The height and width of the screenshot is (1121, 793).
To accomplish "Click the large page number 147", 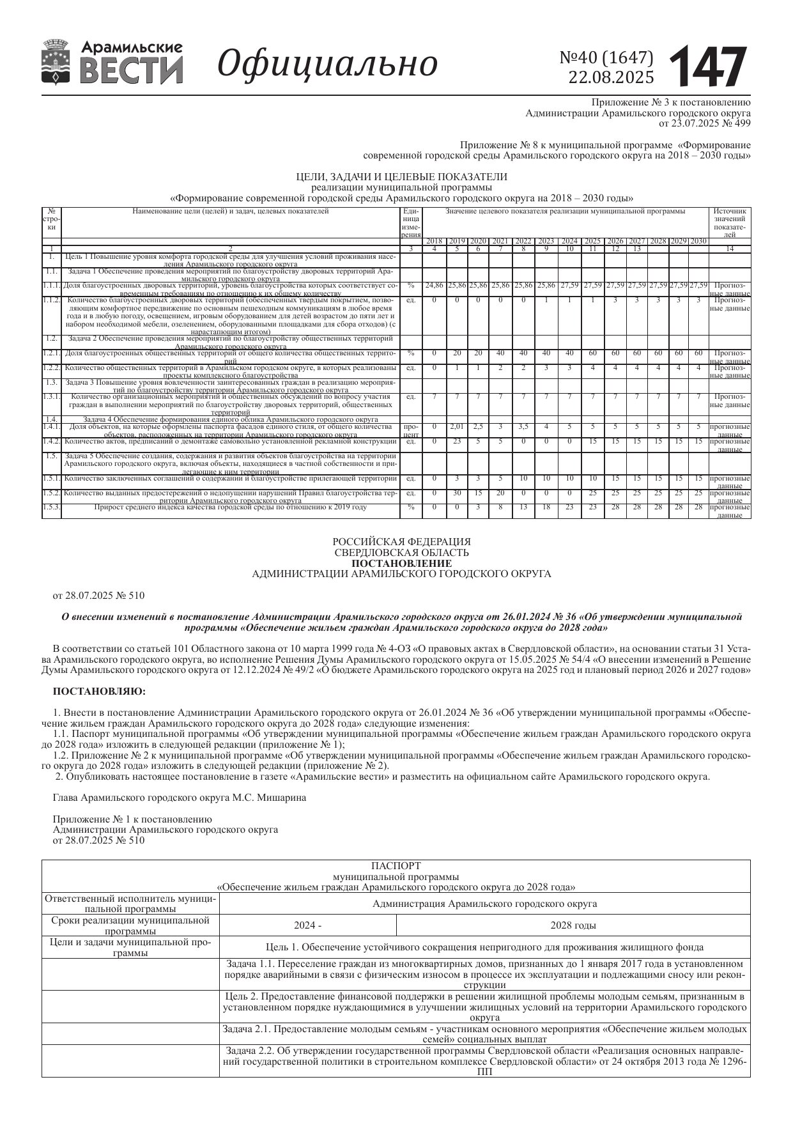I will click(x=708, y=66).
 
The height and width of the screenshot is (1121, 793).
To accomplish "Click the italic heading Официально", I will click(x=328, y=63).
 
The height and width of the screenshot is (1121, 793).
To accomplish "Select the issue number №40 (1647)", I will click(x=606, y=58).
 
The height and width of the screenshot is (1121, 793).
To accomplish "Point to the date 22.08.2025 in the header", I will click(x=611, y=77).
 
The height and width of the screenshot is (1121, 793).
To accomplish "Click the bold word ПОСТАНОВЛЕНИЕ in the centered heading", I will click(x=401, y=563).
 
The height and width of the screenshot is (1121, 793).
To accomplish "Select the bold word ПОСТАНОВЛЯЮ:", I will click(x=99, y=691).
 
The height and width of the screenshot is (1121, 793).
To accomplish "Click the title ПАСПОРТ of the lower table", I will click(x=396, y=865).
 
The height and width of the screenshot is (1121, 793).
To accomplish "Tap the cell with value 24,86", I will click(x=434, y=285).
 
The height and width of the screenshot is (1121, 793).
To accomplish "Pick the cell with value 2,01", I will click(x=456, y=426).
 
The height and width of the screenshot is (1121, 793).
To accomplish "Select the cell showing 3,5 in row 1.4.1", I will click(x=523, y=426).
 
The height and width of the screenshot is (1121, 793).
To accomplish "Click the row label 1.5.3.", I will click(x=52, y=507).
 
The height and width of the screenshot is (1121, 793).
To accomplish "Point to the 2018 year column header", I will click(x=435, y=241).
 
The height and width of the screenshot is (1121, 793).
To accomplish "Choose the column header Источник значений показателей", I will click(x=729, y=222).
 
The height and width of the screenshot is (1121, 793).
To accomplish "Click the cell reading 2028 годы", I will click(x=573, y=925).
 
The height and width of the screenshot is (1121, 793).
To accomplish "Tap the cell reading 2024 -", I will click(x=307, y=925).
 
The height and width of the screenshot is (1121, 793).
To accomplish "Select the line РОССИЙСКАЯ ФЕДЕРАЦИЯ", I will click(x=401, y=541).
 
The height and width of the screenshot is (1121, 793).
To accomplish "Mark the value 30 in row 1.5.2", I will click(x=456, y=493).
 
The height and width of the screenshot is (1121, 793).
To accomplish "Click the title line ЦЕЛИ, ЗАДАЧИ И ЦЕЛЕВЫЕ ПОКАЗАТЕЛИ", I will click(x=401, y=176).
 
